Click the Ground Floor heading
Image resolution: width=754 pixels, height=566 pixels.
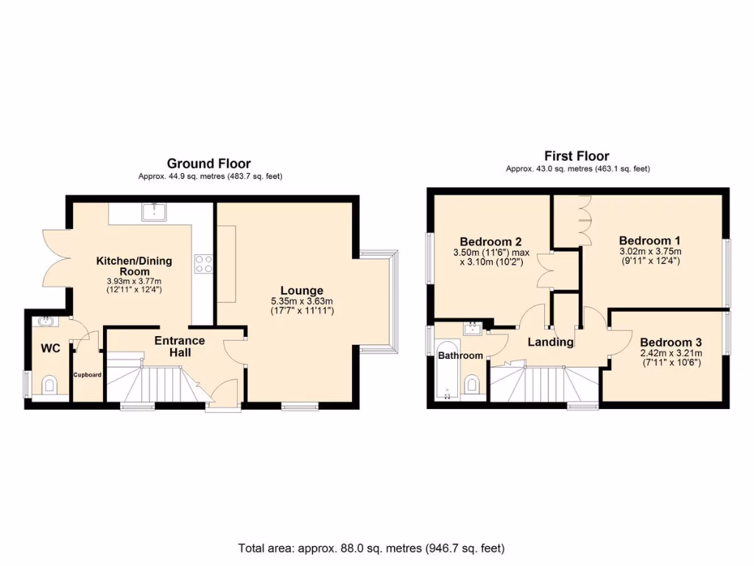[208, 164]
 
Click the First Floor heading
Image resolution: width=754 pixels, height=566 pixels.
[577, 156]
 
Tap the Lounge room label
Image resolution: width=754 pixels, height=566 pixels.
[301, 290]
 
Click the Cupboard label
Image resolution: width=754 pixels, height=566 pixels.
[87, 375]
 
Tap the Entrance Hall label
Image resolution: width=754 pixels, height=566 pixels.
[179, 346]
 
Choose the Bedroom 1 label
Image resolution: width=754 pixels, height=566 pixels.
[649, 240]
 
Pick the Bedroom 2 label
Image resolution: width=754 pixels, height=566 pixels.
[490, 242]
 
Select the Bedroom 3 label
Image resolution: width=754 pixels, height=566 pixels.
[670, 342]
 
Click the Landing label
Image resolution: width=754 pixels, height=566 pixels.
[551, 342]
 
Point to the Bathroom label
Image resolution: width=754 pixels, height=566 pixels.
[460, 356]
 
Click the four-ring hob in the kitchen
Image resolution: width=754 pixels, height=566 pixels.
[203, 264]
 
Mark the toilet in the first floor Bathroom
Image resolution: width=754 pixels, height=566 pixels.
[473, 383]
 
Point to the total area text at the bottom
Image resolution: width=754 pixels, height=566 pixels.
[371, 548]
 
